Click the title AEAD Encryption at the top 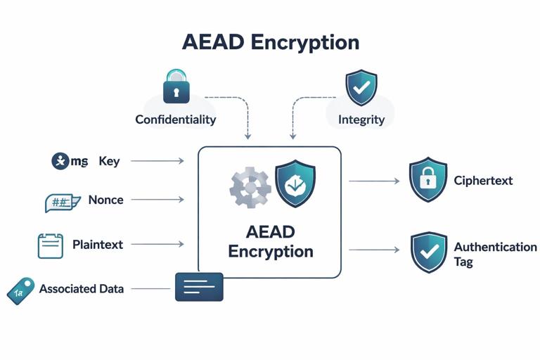coord(270,41)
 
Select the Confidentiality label coord(175,120)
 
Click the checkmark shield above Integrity coord(361,87)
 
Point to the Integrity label coord(361,120)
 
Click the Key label coord(109,161)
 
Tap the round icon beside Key coord(61,161)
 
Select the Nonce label coord(105,200)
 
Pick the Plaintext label coord(98,245)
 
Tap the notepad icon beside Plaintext coord(50,245)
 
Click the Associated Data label coord(82,288)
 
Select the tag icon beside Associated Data coord(20,290)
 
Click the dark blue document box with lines coord(199,287)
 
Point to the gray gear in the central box coord(250,187)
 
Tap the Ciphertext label coord(483,181)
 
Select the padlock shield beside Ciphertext coord(428,180)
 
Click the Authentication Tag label coord(495,254)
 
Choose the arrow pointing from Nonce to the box coord(157,200)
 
